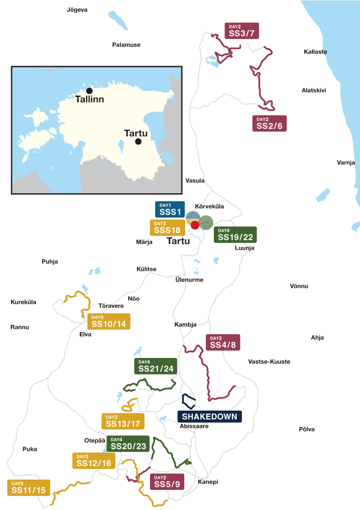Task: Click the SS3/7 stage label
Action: [242, 31]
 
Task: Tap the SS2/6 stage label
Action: [270, 123]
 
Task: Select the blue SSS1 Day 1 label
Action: [170, 209]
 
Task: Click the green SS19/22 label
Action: [235, 234]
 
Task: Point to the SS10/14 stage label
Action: [108, 321]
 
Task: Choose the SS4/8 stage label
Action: [223, 342]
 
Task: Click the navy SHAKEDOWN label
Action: [210, 416]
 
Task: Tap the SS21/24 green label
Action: [156, 366]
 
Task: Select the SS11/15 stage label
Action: [29, 487]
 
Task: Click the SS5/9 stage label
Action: [167, 482]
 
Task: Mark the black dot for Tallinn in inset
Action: [89, 91]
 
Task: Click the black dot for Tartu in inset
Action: [138, 141]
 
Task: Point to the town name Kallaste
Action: [315, 52]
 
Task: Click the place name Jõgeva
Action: [77, 9]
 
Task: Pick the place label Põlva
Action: [306, 429]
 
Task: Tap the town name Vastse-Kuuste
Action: [269, 362]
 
